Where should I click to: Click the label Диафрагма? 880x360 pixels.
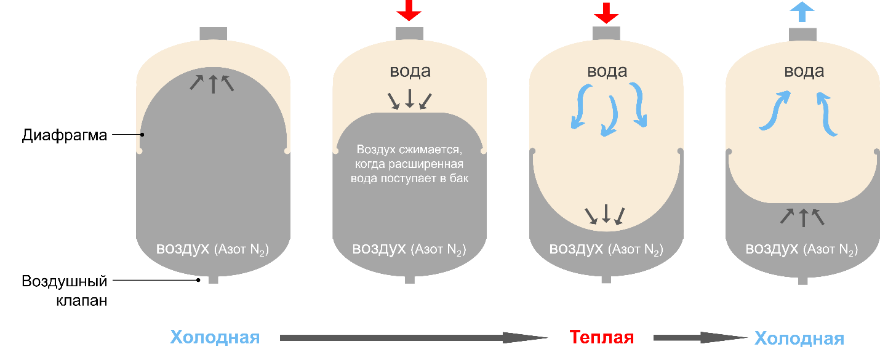pos(65,135)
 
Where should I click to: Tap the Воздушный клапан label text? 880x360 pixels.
pos(65,290)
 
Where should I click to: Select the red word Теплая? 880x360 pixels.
pos(602,337)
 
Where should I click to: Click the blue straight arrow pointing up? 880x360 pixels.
pos(802,12)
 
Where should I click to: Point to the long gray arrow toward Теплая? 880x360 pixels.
pos(414,338)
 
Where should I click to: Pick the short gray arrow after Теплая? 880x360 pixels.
pos(700,338)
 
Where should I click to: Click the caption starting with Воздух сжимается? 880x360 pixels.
pos(409,164)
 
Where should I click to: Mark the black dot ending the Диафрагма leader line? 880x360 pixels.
pos(142,134)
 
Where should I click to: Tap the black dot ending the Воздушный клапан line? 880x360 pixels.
pos(198,280)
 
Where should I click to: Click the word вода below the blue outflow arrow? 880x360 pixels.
pos(804,71)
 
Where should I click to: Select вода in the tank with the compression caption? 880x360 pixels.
pos(410,71)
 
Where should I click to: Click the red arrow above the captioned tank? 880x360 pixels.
pos(409,10)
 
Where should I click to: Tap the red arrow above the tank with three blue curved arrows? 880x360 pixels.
pos(606,12)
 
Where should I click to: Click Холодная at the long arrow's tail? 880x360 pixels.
pos(215,337)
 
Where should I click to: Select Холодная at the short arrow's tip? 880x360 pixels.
pos(799,338)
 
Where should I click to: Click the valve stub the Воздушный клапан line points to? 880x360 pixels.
pos(213,279)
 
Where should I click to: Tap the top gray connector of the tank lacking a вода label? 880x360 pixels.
pos(214,33)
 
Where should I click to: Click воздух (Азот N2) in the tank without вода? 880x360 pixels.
pos(212,249)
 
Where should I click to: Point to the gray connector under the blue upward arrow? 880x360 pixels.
pos(802,34)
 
